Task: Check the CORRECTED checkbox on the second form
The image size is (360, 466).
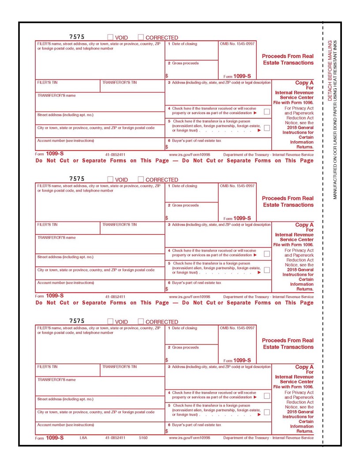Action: (142, 180)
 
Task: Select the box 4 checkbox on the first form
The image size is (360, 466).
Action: (267, 112)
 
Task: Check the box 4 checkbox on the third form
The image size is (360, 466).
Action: (267, 396)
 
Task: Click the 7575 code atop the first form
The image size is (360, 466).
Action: (77, 37)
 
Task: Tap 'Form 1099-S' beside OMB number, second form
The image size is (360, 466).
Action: (237, 218)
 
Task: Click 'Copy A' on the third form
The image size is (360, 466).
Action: (304, 367)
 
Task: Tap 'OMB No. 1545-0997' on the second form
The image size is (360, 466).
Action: (237, 186)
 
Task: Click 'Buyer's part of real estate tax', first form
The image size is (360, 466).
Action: (195, 140)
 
